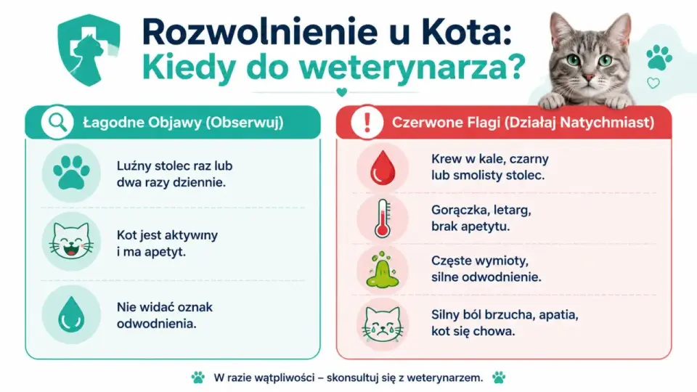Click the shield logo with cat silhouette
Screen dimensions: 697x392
tap(89, 50)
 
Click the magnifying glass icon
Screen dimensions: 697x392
tap(57, 122)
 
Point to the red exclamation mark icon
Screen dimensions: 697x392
tap(367, 122)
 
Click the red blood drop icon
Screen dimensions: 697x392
tap(383, 168)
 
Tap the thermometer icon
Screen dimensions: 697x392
tap(383, 219)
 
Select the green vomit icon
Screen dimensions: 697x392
tap(383, 269)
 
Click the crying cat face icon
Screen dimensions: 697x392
tap(383, 324)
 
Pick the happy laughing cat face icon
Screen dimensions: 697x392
tap(71, 241)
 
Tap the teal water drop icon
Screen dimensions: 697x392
tap(71, 314)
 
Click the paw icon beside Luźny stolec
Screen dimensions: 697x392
tap(71, 173)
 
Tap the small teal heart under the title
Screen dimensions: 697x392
tap(341, 92)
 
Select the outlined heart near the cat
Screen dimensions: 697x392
tap(653, 83)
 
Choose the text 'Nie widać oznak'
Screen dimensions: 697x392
tap(165, 307)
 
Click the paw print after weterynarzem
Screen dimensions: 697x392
tap(499, 377)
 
